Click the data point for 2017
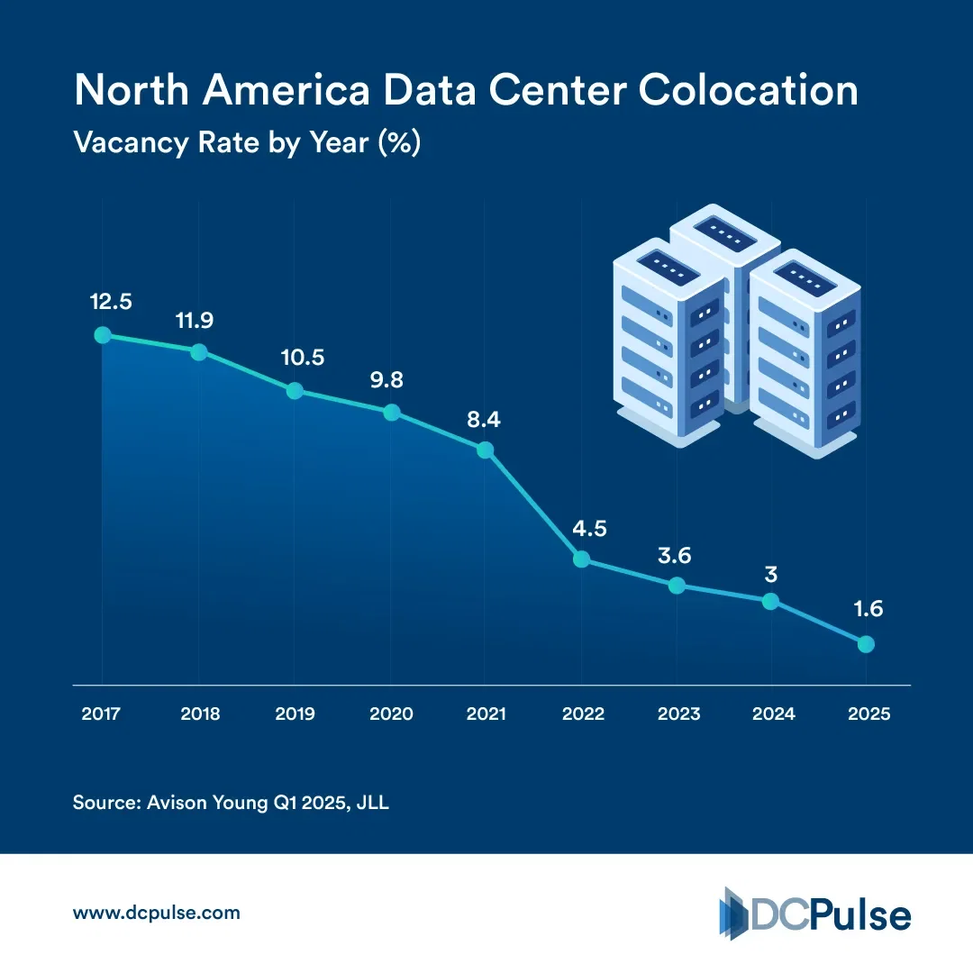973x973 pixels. coord(103,335)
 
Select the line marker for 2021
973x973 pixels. coord(485,450)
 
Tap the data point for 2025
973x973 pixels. coord(866,644)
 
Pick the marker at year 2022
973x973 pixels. coord(581,559)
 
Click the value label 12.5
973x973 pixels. coord(111,302)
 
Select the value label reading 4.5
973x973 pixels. coord(588,529)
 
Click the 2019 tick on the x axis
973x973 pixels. coord(294,714)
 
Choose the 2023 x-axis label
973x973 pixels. coord(678,714)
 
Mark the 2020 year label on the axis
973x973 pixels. coord(391,714)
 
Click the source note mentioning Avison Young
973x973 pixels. coord(231,803)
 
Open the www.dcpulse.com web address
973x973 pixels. coord(156,913)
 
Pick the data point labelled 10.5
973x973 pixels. coord(295,391)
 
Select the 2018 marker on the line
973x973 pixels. coord(199,351)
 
